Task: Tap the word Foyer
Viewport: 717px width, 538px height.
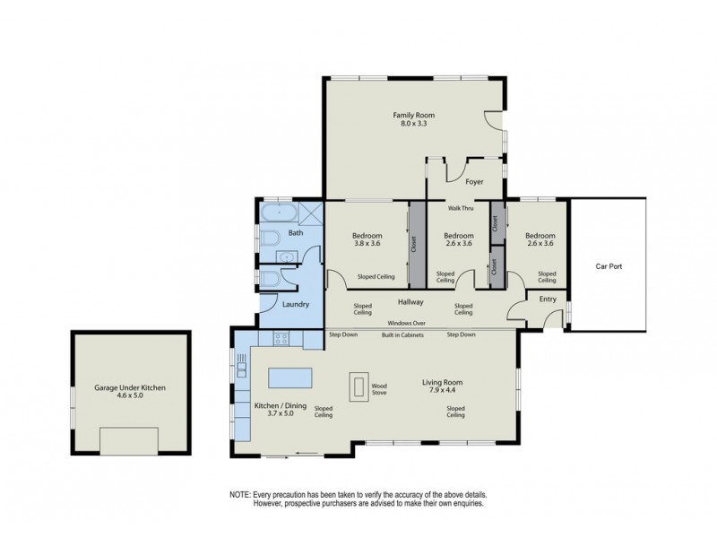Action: (x=474, y=182)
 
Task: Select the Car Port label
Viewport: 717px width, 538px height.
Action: (x=609, y=266)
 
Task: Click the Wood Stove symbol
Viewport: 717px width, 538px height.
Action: (x=359, y=385)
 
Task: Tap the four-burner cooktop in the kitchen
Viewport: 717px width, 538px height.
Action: (x=281, y=339)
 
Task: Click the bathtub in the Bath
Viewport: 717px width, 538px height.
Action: (x=278, y=213)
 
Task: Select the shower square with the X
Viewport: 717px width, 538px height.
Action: (x=309, y=213)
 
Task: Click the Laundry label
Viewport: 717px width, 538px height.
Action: (x=296, y=305)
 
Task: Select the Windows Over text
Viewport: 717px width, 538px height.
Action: (x=406, y=323)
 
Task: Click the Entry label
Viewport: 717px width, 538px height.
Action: (x=548, y=299)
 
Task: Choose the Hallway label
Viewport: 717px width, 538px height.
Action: (x=410, y=302)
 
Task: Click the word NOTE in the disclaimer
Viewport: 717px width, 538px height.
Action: (x=240, y=495)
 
